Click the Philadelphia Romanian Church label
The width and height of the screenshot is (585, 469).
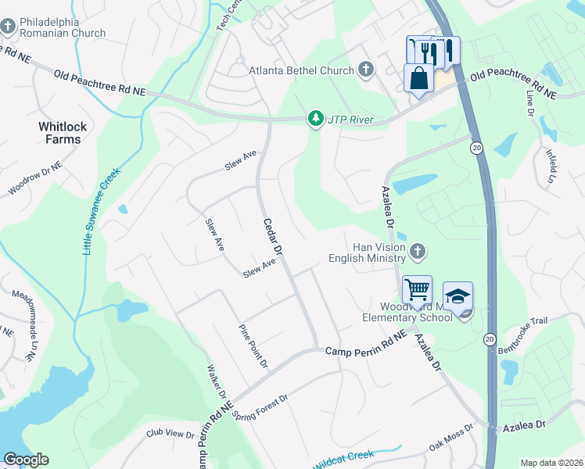point(63,27)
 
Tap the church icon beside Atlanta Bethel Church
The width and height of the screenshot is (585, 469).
point(365,70)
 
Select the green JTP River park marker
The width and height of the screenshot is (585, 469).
point(316,120)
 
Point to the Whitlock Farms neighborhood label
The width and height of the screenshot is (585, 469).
point(59,132)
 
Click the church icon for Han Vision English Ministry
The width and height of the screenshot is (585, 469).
point(418,252)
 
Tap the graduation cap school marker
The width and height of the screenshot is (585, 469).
point(458,296)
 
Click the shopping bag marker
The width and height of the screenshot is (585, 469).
point(418,79)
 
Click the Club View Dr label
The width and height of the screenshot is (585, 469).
point(170,433)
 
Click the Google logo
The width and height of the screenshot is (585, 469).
point(26,459)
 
